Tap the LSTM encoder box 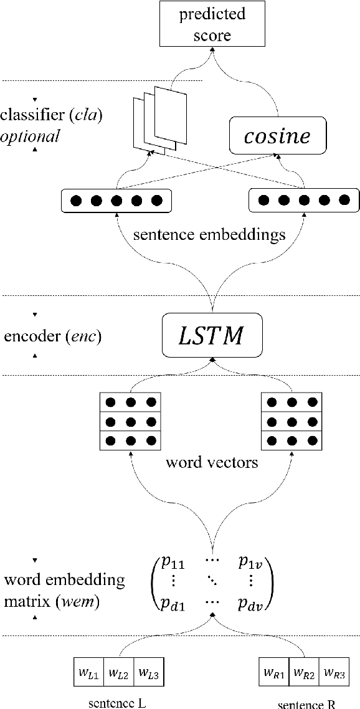click(x=212, y=336)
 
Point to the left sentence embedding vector click(x=116, y=201)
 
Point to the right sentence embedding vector click(x=303, y=201)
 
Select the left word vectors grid click(x=130, y=422)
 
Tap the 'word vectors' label click(x=211, y=464)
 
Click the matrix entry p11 click(x=173, y=563)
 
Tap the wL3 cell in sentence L click(x=148, y=673)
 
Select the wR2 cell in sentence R click(x=303, y=673)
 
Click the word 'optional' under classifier click(x=30, y=136)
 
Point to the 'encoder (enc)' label click(x=52, y=336)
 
